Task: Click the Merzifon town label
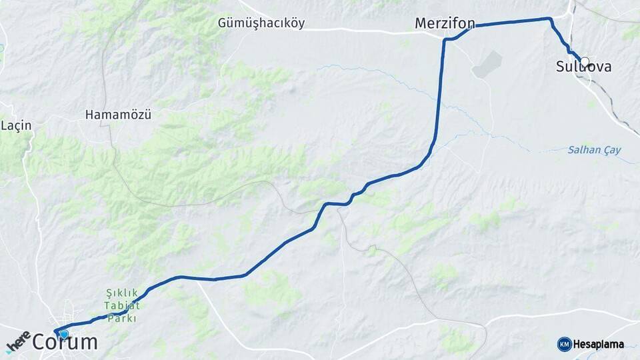point(445,23)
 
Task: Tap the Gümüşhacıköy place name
point(261,23)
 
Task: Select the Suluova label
point(583,67)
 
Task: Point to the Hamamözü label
point(118,115)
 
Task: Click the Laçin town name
point(17,125)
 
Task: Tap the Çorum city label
point(65,343)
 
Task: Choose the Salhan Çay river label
point(593,150)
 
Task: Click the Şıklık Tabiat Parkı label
point(122,305)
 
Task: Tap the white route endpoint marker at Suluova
point(585,61)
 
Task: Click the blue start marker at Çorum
point(63,334)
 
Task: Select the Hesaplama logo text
point(598,345)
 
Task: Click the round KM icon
point(564,345)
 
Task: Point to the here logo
point(18,342)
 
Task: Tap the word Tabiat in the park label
point(122,305)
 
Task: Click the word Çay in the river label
point(611,150)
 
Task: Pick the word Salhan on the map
point(583,150)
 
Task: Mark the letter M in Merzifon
point(421,23)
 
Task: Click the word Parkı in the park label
point(122,318)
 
